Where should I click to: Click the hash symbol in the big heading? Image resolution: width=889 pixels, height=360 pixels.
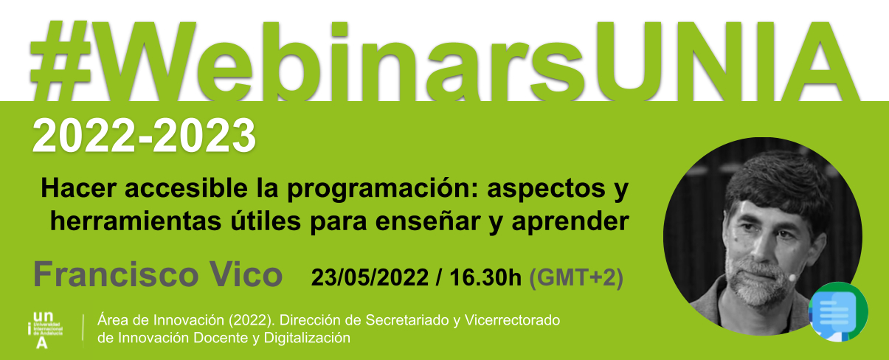(x=61, y=61)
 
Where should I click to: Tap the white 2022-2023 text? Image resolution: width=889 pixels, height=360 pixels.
(x=144, y=135)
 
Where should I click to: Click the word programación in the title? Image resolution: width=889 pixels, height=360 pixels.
(x=381, y=190)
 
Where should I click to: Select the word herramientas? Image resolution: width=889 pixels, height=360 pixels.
(x=135, y=221)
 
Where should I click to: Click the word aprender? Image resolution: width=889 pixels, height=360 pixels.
(x=570, y=223)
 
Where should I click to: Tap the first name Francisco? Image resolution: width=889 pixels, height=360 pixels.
(x=116, y=274)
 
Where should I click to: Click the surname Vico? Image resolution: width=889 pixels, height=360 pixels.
(x=246, y=274)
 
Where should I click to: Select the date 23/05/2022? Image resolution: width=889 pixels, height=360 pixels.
(x=370, y=277)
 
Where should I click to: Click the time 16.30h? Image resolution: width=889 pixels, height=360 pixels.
(x=485, y=277)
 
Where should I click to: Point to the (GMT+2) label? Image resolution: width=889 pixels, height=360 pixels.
(x=576, y=277)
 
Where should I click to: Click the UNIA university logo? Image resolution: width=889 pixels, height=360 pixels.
(x=45, y=330)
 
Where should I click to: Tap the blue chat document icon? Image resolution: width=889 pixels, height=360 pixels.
(x=838, y=312)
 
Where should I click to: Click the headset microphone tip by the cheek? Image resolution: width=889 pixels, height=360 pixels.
(x=792, y=277)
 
